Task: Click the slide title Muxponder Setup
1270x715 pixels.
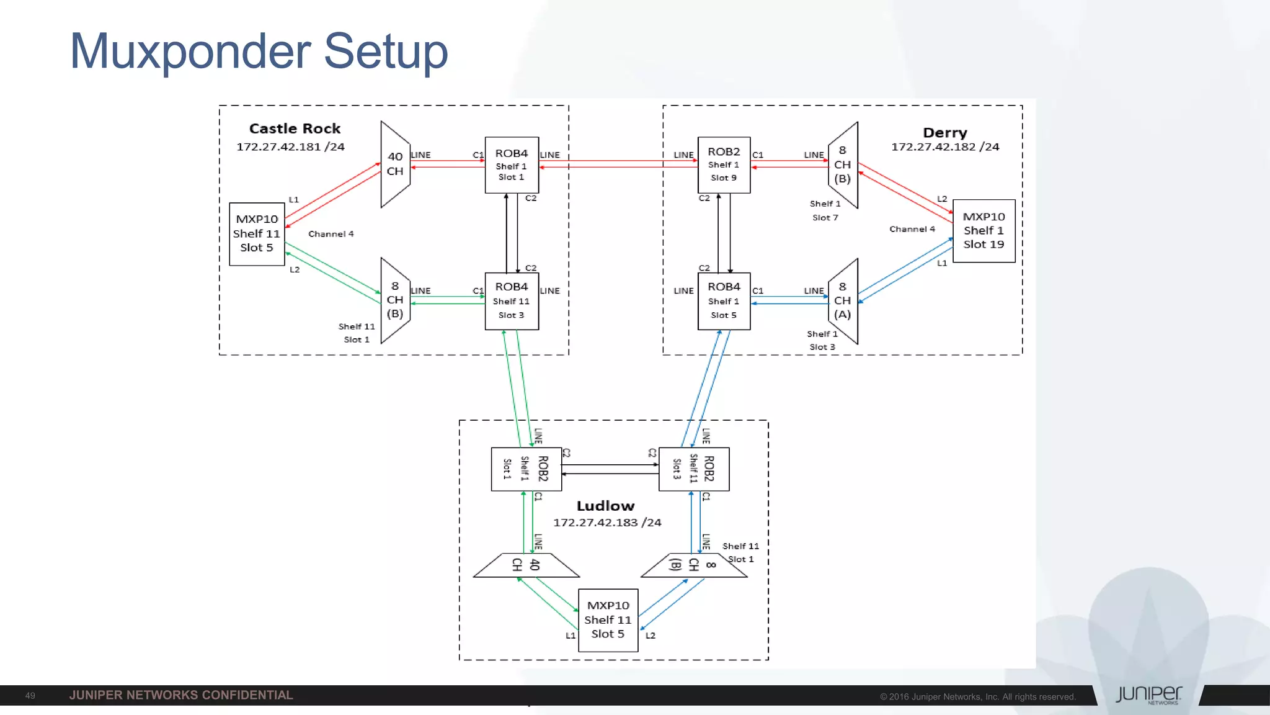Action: coord(259,52)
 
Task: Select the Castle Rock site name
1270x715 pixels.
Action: coord(295,128)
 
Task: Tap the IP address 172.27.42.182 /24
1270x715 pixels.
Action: coord(944,147)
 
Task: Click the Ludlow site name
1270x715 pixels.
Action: coord(605,506)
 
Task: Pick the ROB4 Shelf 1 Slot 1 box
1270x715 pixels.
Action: coord(512,164)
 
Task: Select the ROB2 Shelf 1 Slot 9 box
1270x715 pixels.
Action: coord(724,164)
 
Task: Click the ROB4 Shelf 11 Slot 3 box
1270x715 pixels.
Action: coord(512,301)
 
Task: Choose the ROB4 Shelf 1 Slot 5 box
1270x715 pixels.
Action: coord(724,301)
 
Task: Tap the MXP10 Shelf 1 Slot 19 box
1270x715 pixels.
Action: coord(984,230)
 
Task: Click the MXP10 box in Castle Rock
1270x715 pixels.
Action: coord(257,233)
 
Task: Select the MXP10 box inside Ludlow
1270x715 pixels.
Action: coord(608,619)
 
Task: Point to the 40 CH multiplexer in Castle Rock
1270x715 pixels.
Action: coord(395,164)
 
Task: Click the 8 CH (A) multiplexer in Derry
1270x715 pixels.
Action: coord(843,301)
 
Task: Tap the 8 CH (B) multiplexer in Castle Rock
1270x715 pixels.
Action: coord(395,300)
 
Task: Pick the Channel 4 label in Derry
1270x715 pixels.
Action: coord(912,229)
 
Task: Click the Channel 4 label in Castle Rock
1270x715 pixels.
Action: coord(331,234)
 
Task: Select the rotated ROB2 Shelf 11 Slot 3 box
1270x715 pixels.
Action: coord(693,469)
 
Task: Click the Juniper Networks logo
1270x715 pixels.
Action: coord(1148,695)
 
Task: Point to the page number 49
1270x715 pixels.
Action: coord(30,696)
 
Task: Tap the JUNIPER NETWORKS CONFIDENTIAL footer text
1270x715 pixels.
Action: coord(181,695)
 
